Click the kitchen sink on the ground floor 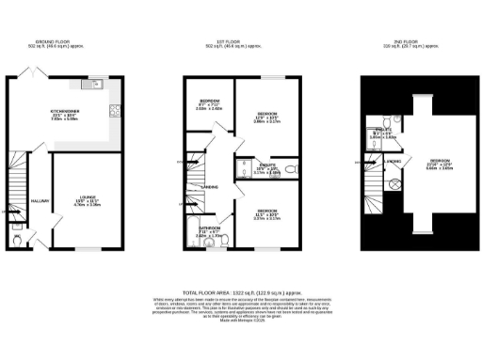[94, 86]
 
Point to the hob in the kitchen [115, 111]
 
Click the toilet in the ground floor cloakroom [20, 239]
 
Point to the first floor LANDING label [209, 187]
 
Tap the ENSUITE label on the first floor [266, 165]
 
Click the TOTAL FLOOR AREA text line [240, 294]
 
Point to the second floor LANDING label [370, 162]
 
